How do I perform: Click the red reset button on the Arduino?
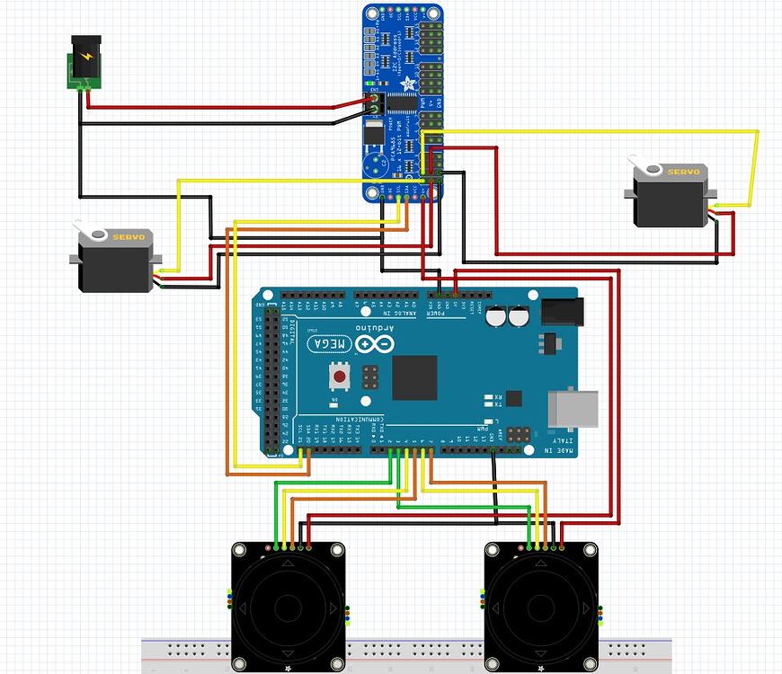[341, 374]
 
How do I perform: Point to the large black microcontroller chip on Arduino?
[414, 377]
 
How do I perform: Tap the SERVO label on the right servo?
[680, 170]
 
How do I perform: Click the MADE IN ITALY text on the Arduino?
[562, 439]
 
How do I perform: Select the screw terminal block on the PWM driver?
[375, 107]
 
